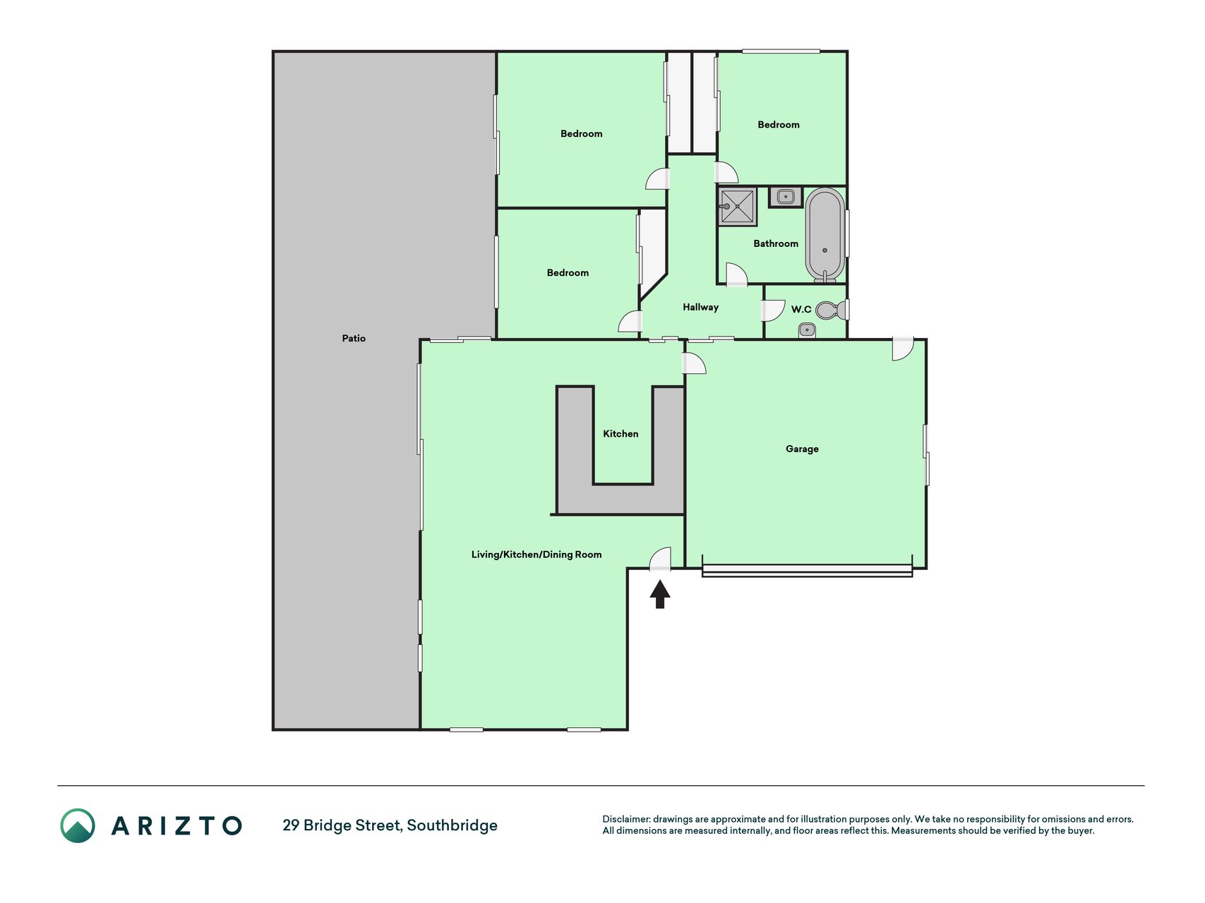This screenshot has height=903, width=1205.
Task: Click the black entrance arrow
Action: coord(659,594)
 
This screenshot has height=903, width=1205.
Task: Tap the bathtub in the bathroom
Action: coord(825,235)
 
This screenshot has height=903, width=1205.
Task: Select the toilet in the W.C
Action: coord(830,310)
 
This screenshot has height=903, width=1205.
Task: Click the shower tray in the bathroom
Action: coord(738,207)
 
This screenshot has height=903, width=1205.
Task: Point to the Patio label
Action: coord(354,339)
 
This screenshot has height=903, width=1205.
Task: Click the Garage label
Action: coord(802,449)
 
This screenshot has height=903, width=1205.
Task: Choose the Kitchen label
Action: coord(621,434)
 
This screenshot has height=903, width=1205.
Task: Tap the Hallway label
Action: coord(700,308)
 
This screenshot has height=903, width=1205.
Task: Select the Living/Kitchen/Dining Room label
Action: coord(536,554)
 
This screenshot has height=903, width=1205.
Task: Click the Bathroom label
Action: coord(776,243)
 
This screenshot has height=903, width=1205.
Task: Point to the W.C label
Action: coord(801,310)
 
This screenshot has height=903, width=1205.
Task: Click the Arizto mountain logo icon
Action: coord(78,825)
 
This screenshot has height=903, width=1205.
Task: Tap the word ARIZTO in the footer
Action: coord(176,825)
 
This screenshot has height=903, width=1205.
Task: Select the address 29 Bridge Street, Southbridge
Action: coord(390,825)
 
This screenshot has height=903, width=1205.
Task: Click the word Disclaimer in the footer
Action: coord(625,819)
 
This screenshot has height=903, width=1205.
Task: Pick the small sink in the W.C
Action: coord(807,329)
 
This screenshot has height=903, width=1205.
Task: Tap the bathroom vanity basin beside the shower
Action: coord(786,197)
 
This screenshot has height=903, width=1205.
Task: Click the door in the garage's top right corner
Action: coord(903,349)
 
